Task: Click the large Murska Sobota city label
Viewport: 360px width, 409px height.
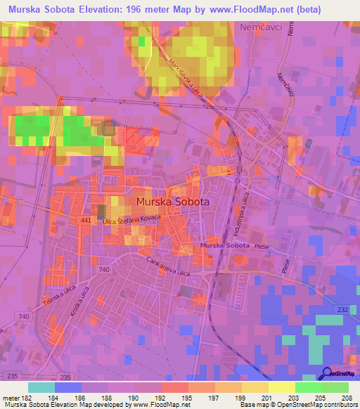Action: [x=172, y=202]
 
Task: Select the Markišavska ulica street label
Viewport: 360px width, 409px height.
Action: [x=185, y=79]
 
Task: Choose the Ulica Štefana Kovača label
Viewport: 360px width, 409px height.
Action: [x=132, y=221]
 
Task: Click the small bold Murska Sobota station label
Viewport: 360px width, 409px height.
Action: [x=224, y=245]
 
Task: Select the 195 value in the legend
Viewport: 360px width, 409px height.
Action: [x=188, y=398]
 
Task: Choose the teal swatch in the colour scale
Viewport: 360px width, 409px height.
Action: [x=41, y=387]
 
